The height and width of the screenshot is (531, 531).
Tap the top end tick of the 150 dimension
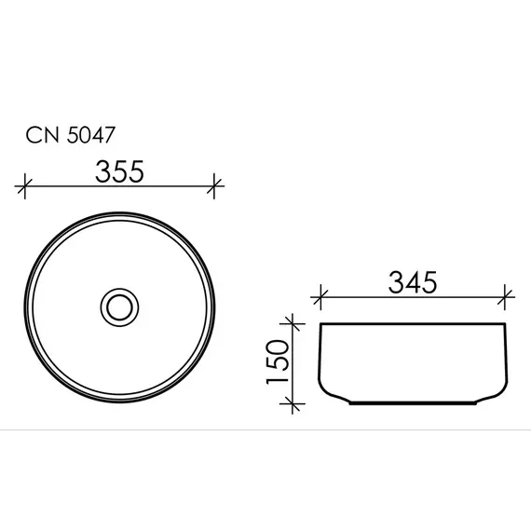[x=294, y=324]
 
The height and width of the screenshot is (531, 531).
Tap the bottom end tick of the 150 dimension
[x=294, y=402]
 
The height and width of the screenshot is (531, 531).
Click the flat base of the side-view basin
[x=415, y=403]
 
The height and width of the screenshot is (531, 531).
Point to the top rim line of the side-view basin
[x=415, y=324]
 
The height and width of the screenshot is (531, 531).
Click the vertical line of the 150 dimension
[x=294, y=363]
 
